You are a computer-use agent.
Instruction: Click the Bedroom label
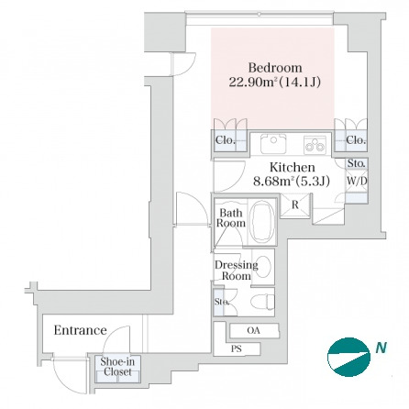click(x=275, y=68)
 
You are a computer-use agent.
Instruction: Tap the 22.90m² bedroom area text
click(x=275, y=82)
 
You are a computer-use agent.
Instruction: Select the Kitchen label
click(x=293, y=168)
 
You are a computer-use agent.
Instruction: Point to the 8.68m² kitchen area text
click(x=292, y=182)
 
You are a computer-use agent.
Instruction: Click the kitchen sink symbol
click(x=273, y=144)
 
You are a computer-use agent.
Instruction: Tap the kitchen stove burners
click(x=315, y=145)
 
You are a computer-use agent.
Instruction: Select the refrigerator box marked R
click(x=295, y=205)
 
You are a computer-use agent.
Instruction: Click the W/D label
click(x=357, y=181)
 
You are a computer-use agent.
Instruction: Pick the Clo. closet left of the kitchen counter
click(x=230, y=140)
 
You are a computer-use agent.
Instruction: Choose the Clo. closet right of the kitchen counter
click(x=351, y=140)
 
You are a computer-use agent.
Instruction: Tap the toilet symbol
click(x=262, y=302)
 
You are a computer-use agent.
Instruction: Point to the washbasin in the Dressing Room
click(x=263, y=267)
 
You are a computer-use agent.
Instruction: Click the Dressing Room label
click(x=237, y=271)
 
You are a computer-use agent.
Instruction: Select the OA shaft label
click(x=253, y=330)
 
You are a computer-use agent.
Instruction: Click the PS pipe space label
click(x=237, y=348)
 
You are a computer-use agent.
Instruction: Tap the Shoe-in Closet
click(x=117, y=369)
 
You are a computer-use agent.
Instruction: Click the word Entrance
click(x=80, y=330)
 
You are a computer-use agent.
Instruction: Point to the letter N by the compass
click(x=381, y=348)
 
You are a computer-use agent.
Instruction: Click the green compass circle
click(x=348, y=357)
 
